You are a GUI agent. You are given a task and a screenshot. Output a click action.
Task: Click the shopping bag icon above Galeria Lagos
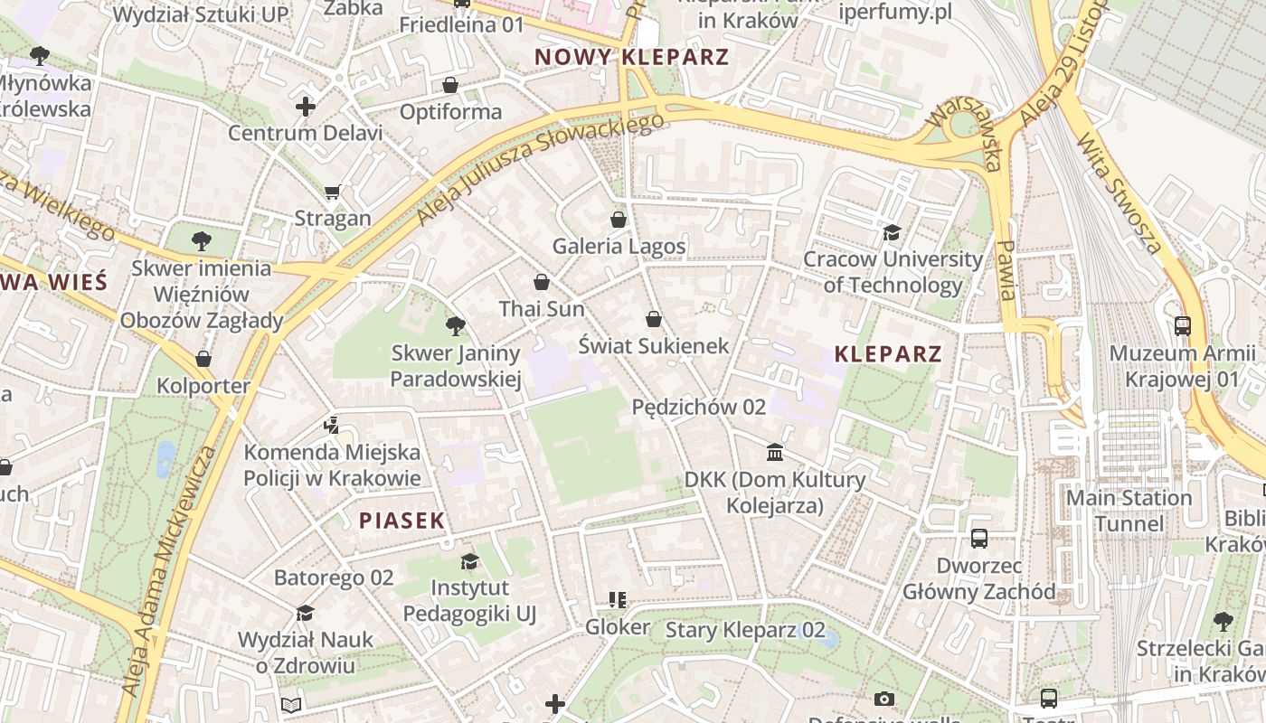[x=619, y=220]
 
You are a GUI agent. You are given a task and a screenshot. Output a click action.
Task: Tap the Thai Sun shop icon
[x=542, y=282]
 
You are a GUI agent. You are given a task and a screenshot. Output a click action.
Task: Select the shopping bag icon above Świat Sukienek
[x=654, y=319]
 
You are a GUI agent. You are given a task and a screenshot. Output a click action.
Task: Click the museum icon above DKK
[x=775, y=452]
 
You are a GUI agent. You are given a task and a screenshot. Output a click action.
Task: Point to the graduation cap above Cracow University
[x=893, y=233]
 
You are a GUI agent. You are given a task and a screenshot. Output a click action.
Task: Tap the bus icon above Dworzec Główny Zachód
[x=979, y=539]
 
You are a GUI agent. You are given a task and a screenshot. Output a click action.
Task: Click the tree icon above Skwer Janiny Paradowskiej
[x=456, y=326]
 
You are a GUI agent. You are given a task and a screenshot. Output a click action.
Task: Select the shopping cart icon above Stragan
[x=333, y=192]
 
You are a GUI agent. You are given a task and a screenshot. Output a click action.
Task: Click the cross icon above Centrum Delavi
[x=306, y=107]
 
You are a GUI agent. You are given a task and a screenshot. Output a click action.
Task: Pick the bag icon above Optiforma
[x=450, y=85]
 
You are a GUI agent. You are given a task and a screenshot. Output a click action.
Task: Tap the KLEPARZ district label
[x=888, y=353]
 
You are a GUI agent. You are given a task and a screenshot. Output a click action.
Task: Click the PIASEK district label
[x=402, y=521]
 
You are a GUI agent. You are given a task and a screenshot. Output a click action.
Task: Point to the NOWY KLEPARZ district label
[x=631, y=57]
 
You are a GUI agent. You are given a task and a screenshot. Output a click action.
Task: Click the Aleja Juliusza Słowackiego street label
[x=534, y=169]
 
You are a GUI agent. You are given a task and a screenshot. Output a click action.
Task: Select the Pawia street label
[x=1006, y=269]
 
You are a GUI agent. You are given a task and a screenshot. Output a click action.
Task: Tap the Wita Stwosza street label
[x=1120, y=192]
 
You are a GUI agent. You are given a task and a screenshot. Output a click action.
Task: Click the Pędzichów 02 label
[x=698, y=408]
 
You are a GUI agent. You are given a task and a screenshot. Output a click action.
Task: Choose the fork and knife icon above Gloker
[x=618, y=600]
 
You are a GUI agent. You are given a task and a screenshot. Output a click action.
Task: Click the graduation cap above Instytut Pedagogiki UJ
[x=469, y=561]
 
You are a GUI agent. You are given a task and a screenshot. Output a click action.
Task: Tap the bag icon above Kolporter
[x=203, y=359]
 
